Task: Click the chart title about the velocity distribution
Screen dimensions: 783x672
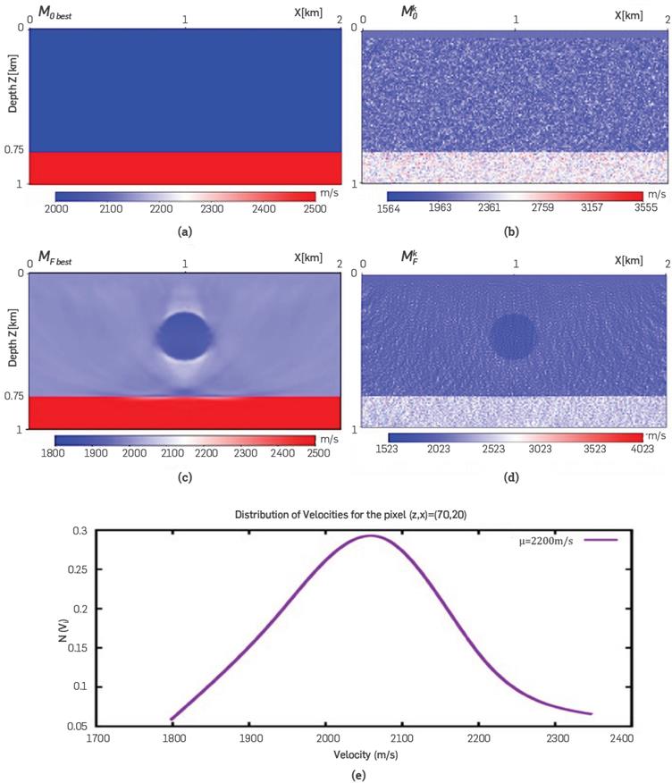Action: [x=361, y=515]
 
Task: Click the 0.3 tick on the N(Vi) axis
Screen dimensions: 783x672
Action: [x=80, y=531]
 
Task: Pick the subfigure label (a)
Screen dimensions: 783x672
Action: [x=185, y=231]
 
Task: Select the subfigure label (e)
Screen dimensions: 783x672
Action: [x=361, y=775]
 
